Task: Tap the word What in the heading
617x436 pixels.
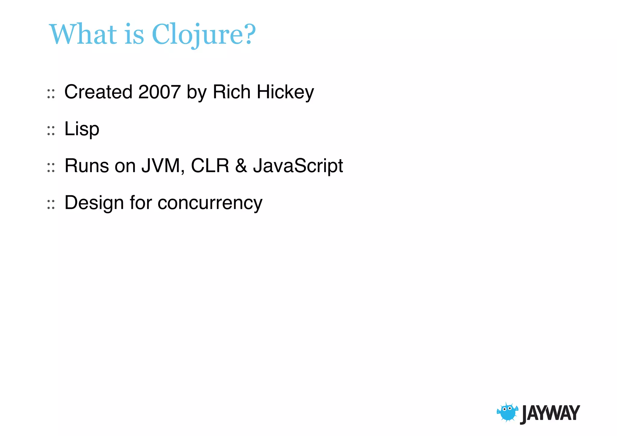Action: tap(83, 34)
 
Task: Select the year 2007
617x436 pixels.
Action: tap(159, 92)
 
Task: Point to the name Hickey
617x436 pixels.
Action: tap(285, 93)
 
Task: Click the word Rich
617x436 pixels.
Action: tap(231, 92)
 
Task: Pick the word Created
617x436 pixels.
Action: tap(98, 92)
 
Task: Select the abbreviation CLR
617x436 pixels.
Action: tap(210, 166)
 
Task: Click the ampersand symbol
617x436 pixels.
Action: tap(241, 166)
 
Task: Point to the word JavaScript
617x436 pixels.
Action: tap(298, 166)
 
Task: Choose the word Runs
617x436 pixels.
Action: tap(87, 166)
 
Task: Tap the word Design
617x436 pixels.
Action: tap(94, 203)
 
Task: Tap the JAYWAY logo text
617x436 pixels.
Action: tap(550, 413)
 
